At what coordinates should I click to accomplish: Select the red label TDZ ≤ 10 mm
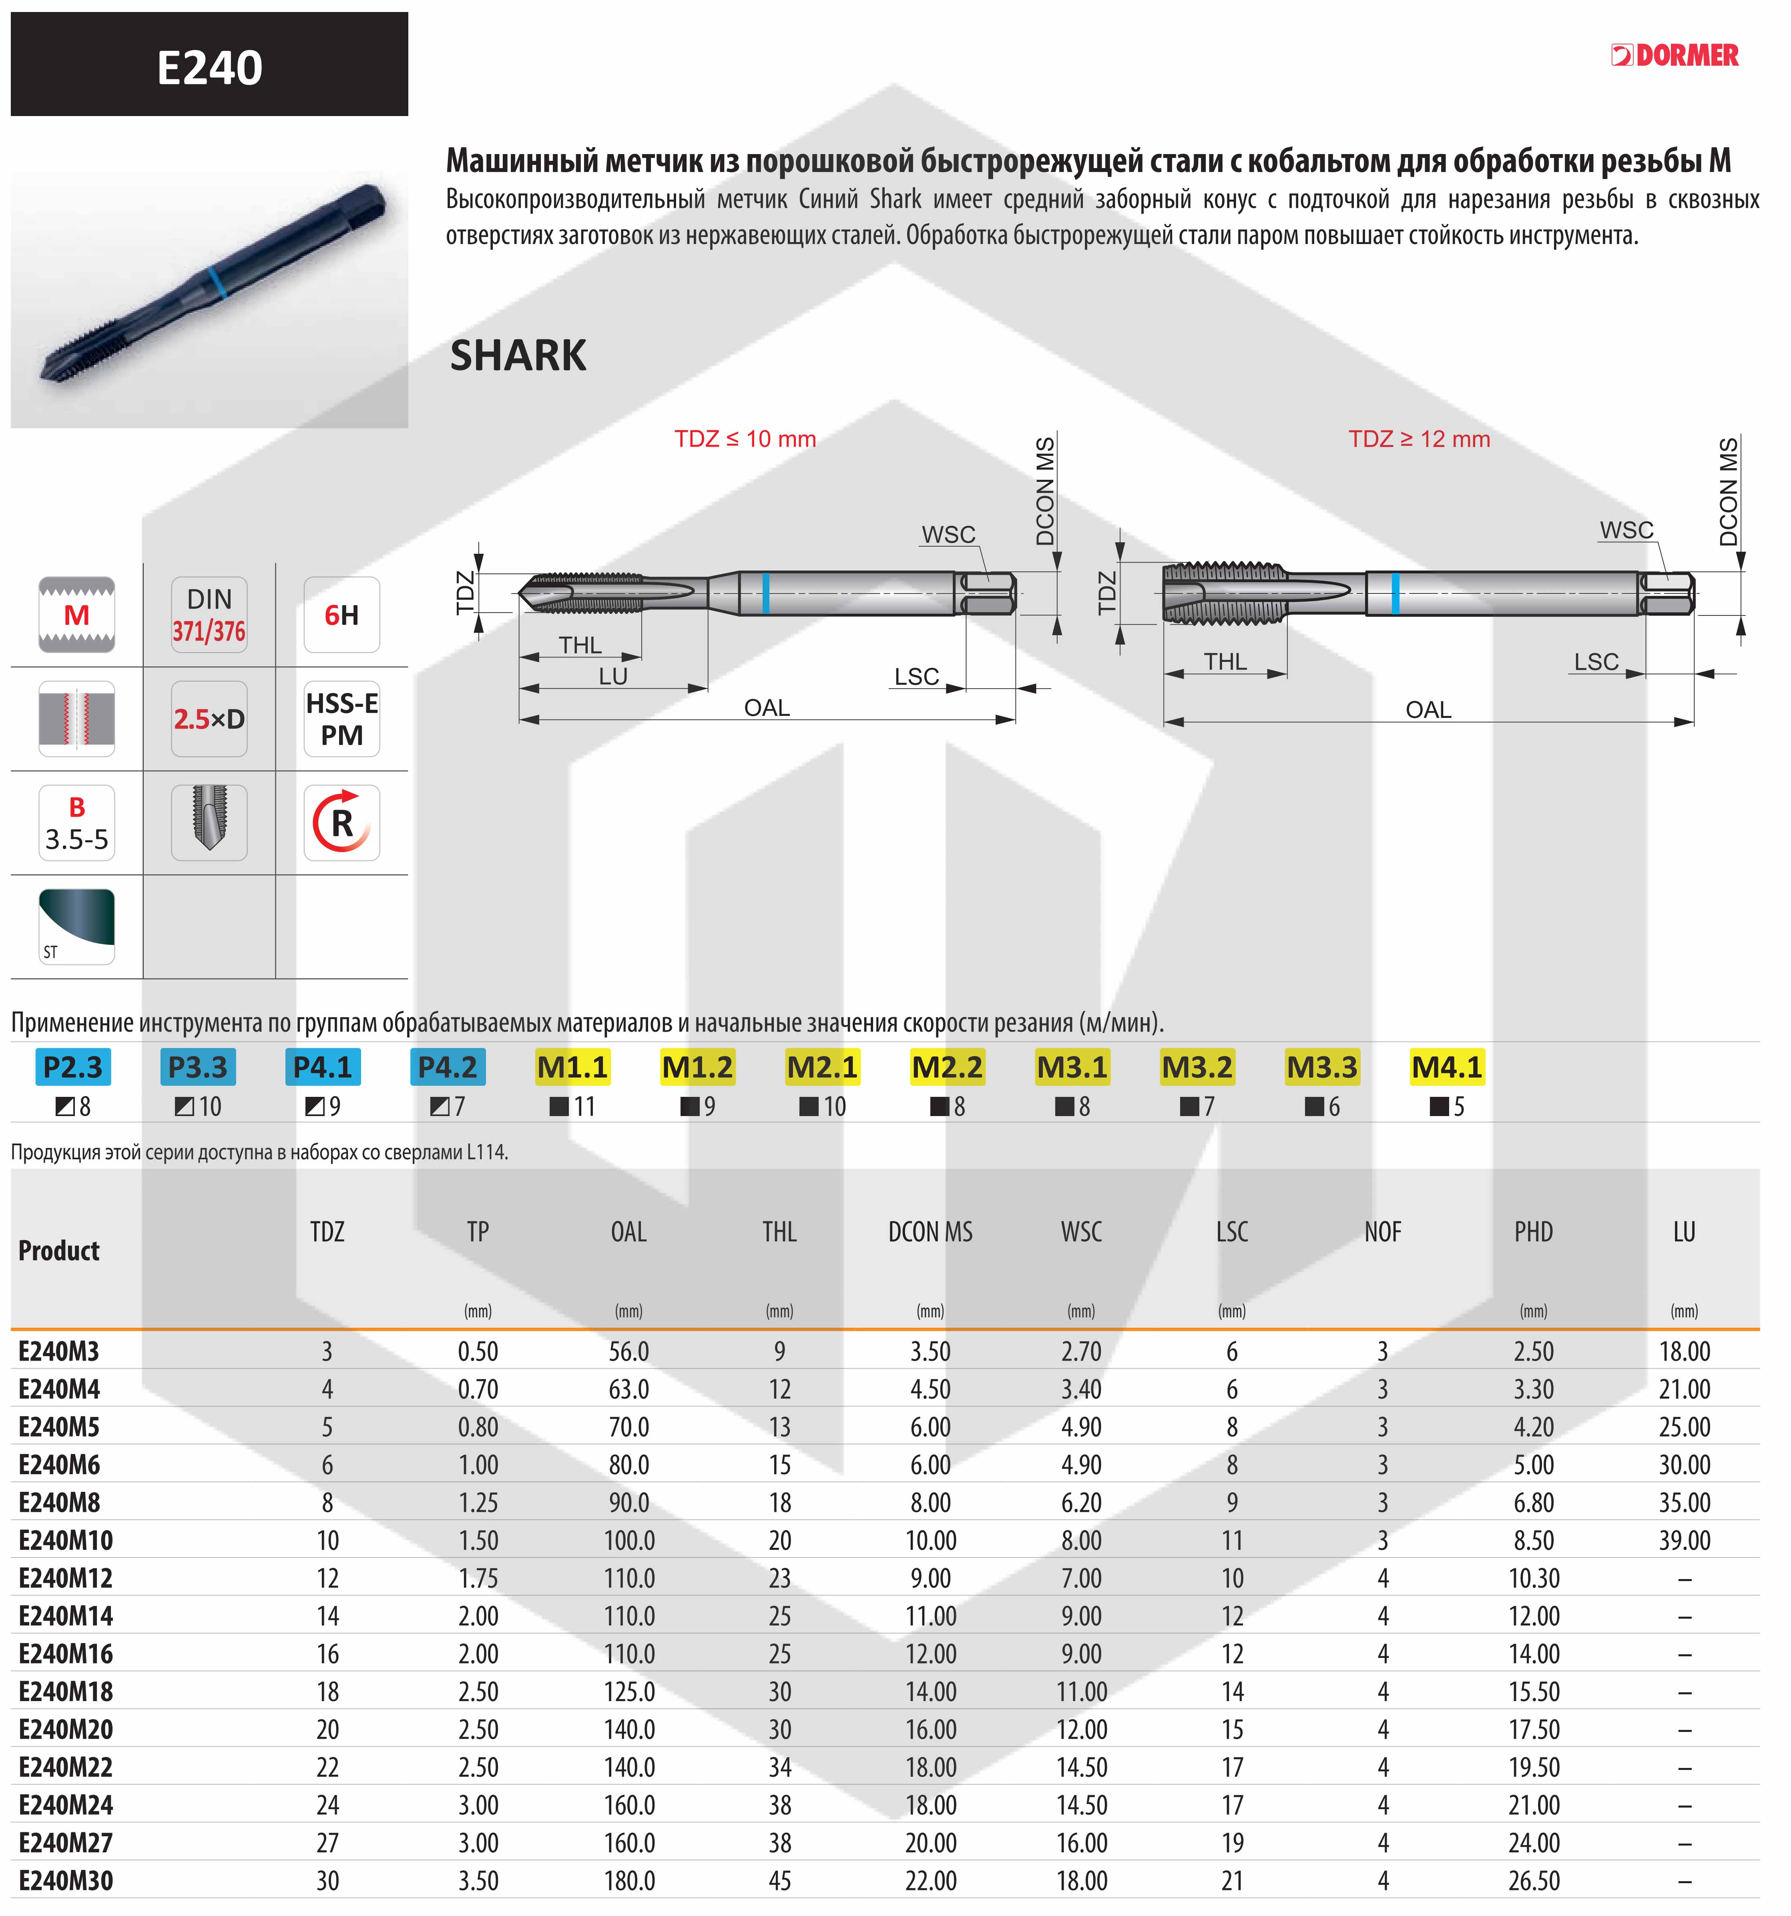tap(745, 439)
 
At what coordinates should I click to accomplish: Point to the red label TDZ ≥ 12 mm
tap(1419, 439)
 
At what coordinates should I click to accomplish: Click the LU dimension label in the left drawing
tap(613, 677)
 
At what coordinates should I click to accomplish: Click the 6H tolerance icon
tap(341, 615)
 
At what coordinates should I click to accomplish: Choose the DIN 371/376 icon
tap(209, 615)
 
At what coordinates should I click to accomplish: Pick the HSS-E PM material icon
tap(341, 719)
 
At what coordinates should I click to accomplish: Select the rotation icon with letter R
tap(341, 822)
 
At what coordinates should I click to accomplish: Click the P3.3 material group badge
tap(198, 1067)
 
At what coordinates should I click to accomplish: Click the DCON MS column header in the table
tap(930, 1232)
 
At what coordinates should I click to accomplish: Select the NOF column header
tap(1382, 1232)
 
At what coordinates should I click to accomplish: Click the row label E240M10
tap(66, 1540)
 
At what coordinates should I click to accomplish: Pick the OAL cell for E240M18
tap(628, 1692)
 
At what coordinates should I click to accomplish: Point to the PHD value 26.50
tap(1533, 1880)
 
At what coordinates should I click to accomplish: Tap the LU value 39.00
tap(1684, 1540)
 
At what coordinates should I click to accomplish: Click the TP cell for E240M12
tap(478, 1578)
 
